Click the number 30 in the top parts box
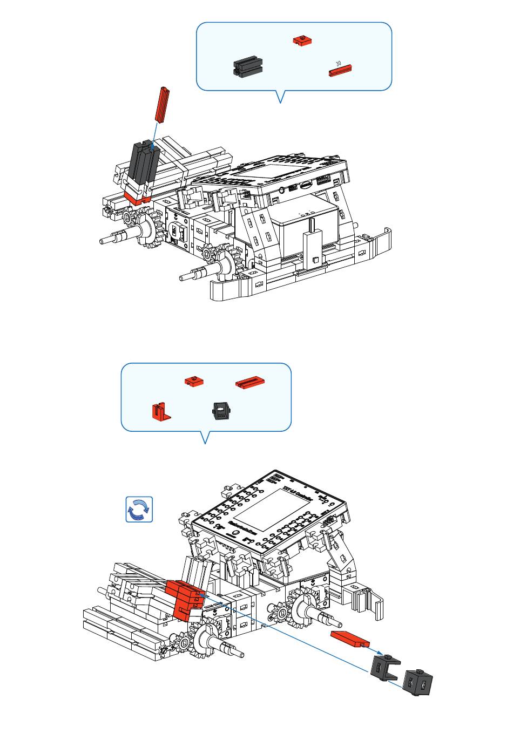(x=339, y=64)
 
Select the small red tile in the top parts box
(x=302, y=40)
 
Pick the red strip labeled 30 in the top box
(x=341, y=70)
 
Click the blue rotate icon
(x=139, y=510)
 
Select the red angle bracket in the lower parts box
(x=160, y=411)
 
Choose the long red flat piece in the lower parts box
(x=250, y=382)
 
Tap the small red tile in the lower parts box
(x=194, y=382)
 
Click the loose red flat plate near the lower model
(x=349, y=639)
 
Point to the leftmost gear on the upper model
(x=130, y=218)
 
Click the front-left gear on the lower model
(x=185, y=642)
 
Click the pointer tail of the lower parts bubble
(x=205, y=438)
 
